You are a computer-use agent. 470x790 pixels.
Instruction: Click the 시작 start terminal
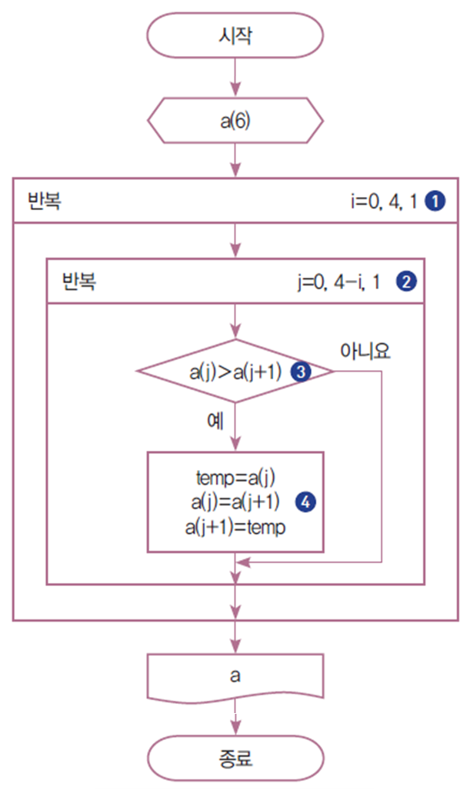click(234, 36)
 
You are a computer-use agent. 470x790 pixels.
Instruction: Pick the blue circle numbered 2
click(405, 281)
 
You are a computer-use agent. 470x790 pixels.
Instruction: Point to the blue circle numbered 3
click(301, 372)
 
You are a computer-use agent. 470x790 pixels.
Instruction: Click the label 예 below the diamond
click(215, 421)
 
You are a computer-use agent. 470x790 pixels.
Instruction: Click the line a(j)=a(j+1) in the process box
click(235, 503)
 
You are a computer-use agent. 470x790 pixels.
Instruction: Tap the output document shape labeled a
click(234, 676)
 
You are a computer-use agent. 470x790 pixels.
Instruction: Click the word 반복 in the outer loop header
click(45, 202)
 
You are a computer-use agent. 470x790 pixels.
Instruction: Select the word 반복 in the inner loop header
click(79, 282)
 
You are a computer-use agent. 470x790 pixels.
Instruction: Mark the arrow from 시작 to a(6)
click(234, 79)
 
